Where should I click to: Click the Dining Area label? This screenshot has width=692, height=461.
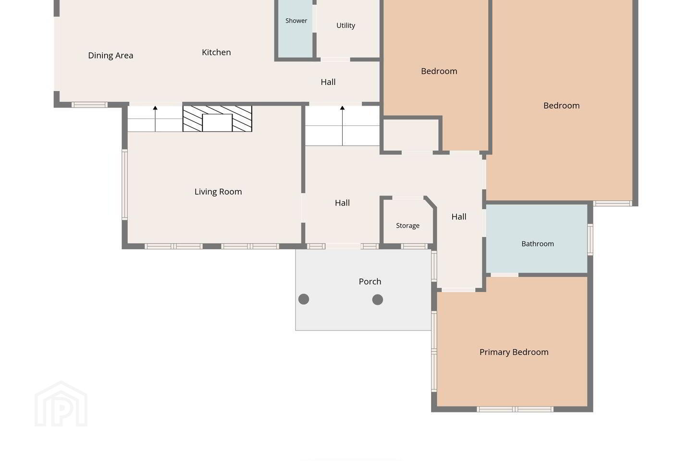[x=111, y=56]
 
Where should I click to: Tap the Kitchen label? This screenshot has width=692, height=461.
[x=216, y=52]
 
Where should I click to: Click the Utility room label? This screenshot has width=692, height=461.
[x=346, y=25]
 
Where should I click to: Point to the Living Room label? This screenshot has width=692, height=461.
[x=218, y=192]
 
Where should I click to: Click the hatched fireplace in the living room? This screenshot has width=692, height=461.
[x=217, y=119]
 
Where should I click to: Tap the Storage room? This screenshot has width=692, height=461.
[x=408, y=222]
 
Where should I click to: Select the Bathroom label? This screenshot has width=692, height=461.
[x=538, y=244]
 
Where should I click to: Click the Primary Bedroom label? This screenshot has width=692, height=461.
[x=514, y=352]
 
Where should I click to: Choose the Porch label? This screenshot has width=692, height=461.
[x=370, y=281]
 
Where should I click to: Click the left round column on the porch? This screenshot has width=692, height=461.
[x=304, y=299]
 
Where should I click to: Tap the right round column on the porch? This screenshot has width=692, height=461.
[x=378, y=300]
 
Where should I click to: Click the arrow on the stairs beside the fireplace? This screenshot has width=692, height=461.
[x=155, y=119]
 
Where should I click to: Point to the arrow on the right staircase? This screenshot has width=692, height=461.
[x=342, y=126]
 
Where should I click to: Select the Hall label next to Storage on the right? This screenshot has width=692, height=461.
[x=459, y=217]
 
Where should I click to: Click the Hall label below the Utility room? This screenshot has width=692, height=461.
[x=328, y=82]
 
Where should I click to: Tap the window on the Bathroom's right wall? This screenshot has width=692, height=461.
[x=590, y=240]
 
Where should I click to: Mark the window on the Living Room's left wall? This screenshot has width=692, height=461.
[x=124, y=185]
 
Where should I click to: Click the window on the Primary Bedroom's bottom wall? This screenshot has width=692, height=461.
[x=515, y=409]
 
